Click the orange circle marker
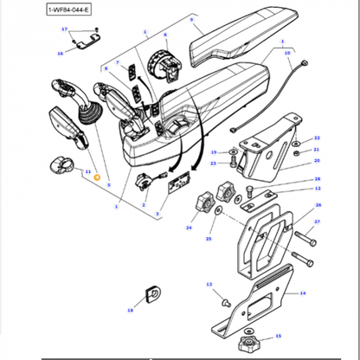(x=98, y=177)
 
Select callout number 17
(x=64, y=29)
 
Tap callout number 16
(x=60, y=53)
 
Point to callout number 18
(x=131, y=309)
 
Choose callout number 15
(x=280, y=337)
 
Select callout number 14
(x=303, y=293)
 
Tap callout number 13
(x=208, y=284)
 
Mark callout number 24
(x=188, y=228)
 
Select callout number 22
(x=317, y=138)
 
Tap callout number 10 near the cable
(x=288, y=53)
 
